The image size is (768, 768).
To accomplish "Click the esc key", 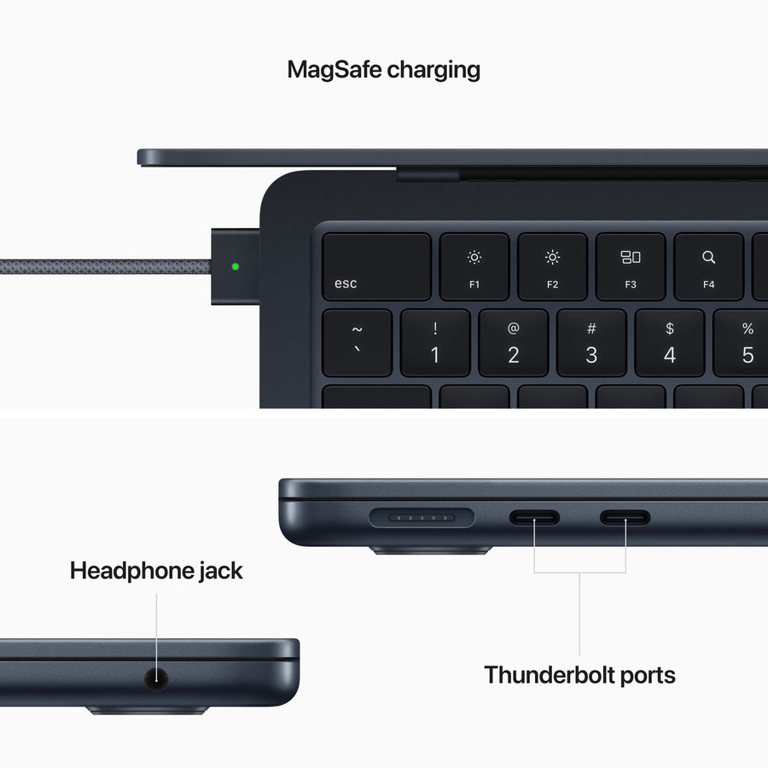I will pos(376,266).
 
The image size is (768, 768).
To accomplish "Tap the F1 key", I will pos(474,266).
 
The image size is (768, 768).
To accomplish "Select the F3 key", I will pos(631,266).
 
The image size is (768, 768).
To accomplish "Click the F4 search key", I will pos(708,266).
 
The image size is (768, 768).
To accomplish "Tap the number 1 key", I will pos(435,343).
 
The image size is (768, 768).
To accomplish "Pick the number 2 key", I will pos(513,343).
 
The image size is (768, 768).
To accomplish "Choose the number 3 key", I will pos(591,343).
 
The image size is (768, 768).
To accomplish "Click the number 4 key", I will pos(670,343).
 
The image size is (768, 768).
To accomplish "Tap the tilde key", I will pos(357,343).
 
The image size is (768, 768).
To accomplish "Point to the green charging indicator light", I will pos(236,266).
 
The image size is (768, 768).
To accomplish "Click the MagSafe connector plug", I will pos(236,266).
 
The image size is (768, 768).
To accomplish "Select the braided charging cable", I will pos(102,266).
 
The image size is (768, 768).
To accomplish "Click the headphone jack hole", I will pos(156,679).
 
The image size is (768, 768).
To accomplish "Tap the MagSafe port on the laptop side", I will pos(422,517).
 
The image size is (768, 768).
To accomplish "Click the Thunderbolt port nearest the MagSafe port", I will pos(535,517).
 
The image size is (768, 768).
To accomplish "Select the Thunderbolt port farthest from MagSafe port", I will pos(625,517).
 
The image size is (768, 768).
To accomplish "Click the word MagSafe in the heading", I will pos(335,69).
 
